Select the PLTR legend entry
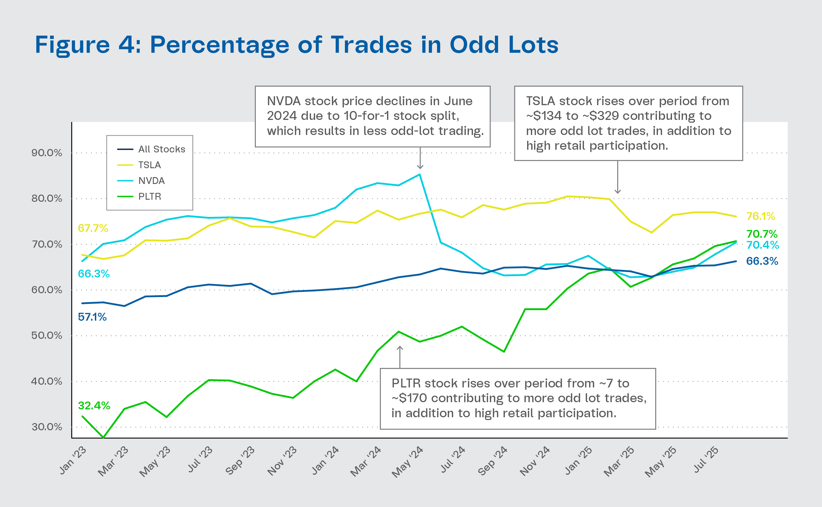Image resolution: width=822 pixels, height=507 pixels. click(150, 197)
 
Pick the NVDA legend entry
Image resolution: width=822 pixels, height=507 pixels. click(151, 181)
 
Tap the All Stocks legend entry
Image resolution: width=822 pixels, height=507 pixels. click(162, 149)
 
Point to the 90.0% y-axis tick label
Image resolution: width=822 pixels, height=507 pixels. click(47, 153)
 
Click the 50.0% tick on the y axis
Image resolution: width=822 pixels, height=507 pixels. click(47, 335)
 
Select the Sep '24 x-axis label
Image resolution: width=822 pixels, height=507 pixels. click(493, 460)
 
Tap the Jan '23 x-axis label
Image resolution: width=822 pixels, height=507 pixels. click(73, 460)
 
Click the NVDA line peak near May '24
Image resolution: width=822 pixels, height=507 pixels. click(420, 175)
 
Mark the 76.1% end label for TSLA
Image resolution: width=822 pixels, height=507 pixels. click(761, 216)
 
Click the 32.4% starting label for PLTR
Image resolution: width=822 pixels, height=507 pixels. click(94, 406)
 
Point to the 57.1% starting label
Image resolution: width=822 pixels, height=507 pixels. click(92, 317)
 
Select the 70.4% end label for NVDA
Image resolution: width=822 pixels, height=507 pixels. click(763, 245)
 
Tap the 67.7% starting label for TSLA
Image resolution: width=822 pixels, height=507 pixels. click(93, 228)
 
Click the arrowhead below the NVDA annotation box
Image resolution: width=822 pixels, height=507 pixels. click(420, 167)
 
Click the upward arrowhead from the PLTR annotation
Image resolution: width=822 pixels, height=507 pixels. click(400, 348)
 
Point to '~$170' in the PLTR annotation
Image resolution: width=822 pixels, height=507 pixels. click(410, 398)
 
